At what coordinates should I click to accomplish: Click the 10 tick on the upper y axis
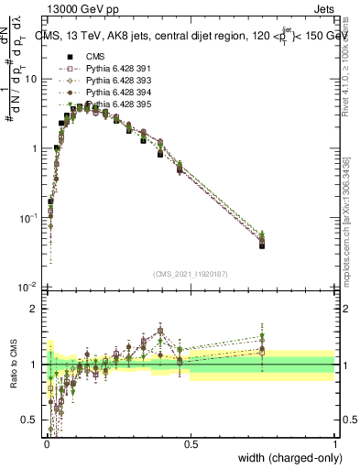point(32,79)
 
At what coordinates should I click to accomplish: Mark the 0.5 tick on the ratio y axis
point(30,420)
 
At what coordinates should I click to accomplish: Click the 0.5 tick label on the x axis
point(191,444)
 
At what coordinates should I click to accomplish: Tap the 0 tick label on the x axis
point(46,444)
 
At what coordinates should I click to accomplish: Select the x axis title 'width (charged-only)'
point(289,458)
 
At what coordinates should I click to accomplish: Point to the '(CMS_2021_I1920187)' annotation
point(190,273)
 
